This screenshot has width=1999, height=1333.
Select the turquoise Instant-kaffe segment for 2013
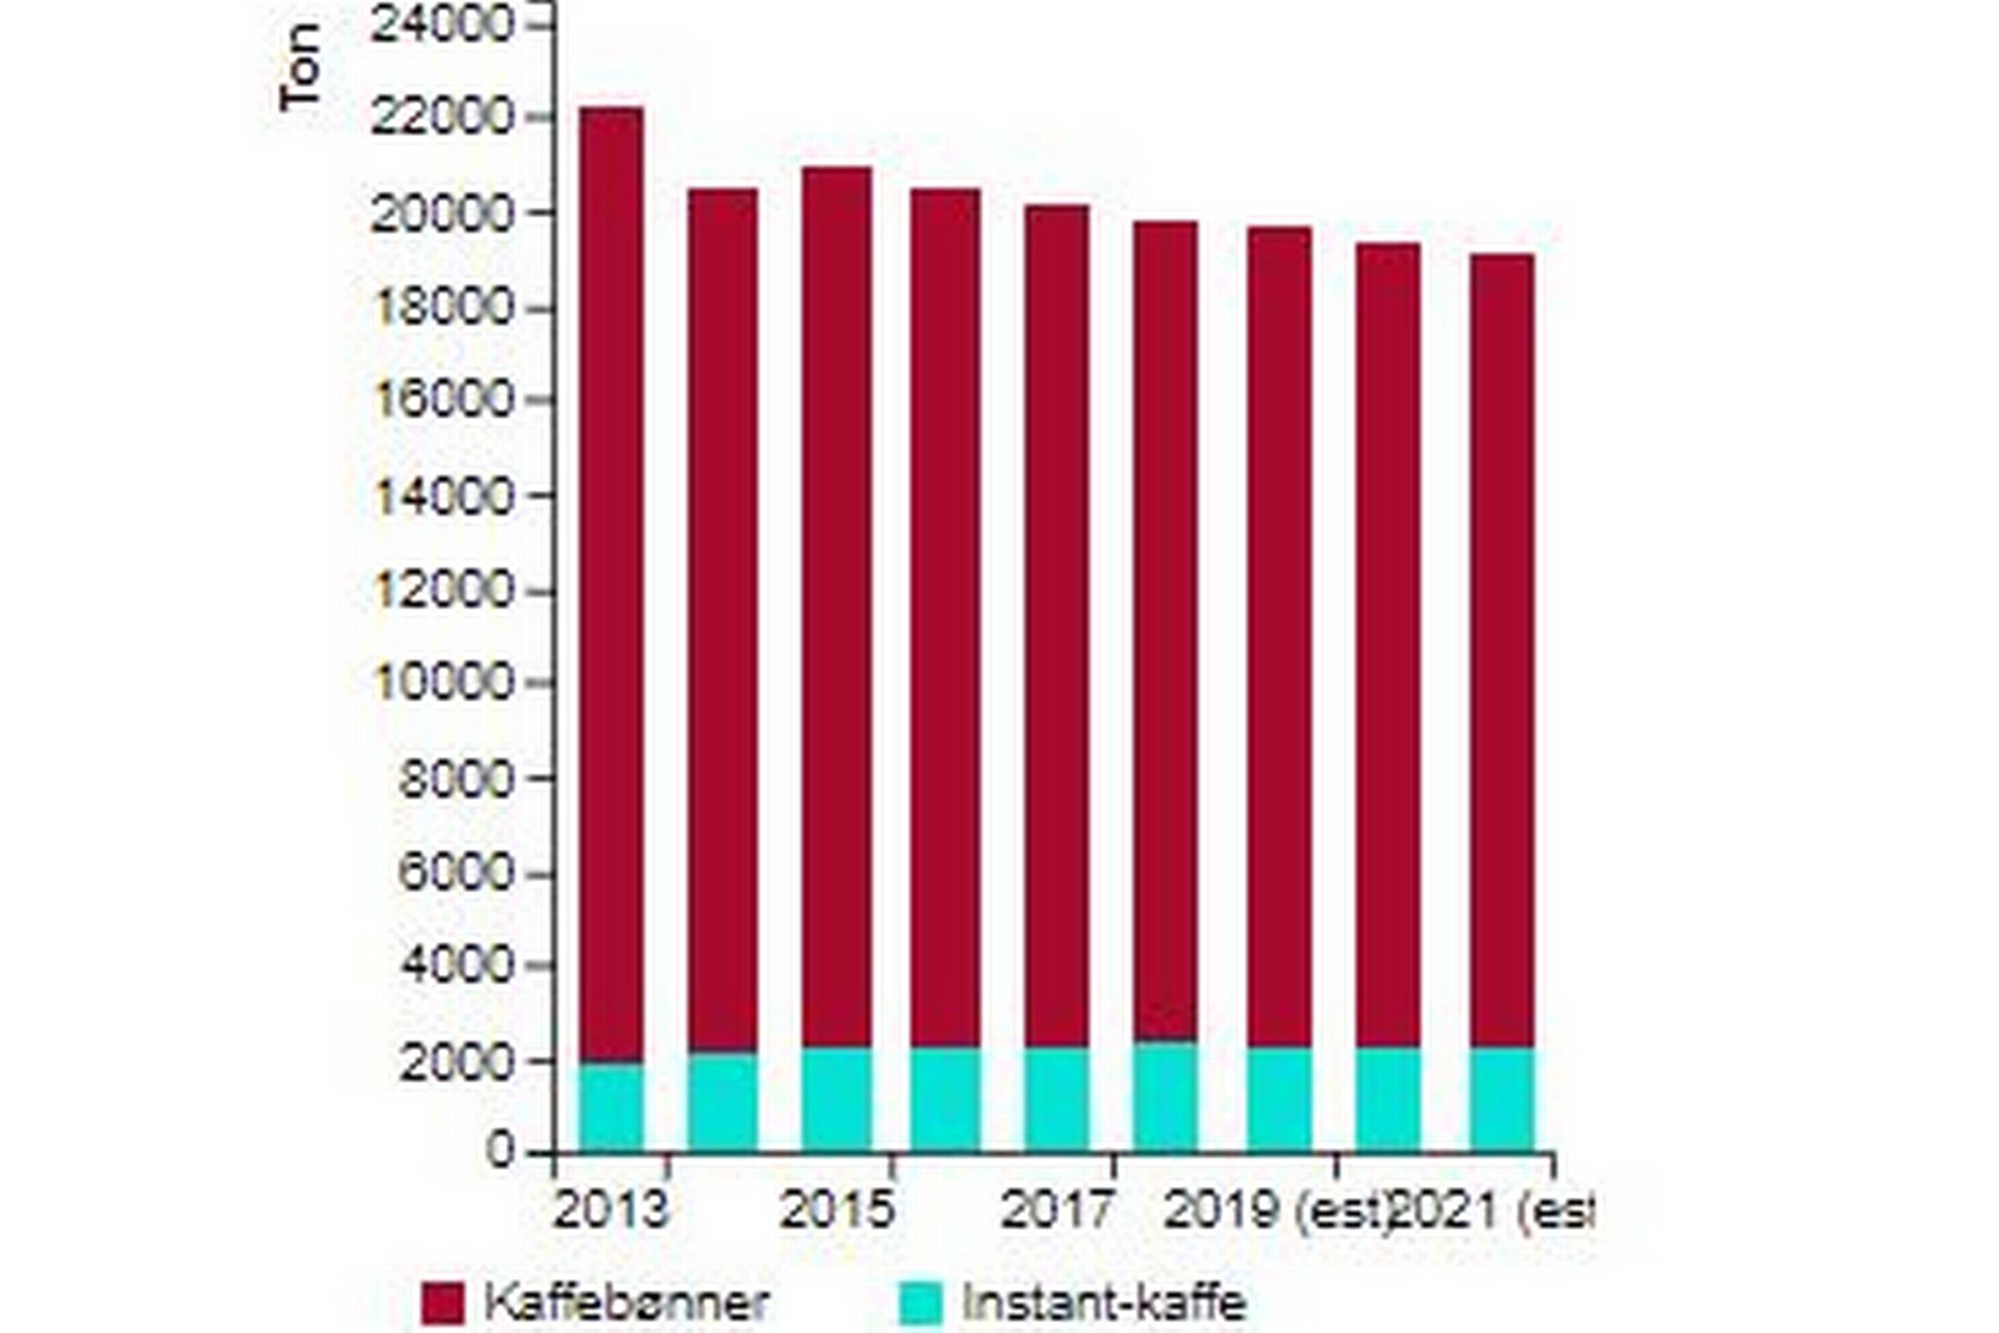click(612, 1107)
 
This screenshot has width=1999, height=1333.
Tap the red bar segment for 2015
click(836, 607)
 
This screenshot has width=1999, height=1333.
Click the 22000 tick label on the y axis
click(443, 117)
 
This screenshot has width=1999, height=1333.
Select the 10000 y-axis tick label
click(443, 683)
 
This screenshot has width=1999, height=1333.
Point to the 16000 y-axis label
click(443, 401)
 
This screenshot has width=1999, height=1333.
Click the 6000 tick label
click(455, 872)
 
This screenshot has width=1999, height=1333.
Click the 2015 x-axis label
click(837, 1210)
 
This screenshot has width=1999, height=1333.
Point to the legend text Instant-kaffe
click(1104, 1303)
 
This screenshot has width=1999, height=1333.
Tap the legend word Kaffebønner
click(626, 1303)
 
